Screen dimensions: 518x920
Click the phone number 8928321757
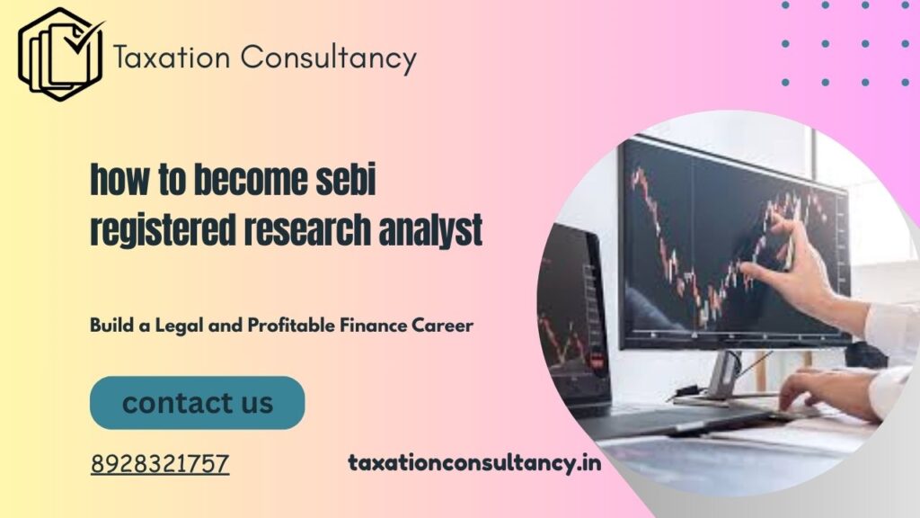pyautogui.click(x=160, y=464)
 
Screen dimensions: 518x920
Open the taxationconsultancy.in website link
pyautogui.click(x=474, y=464)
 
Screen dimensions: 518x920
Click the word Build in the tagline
pyautogui.click(x=111, y=326)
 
